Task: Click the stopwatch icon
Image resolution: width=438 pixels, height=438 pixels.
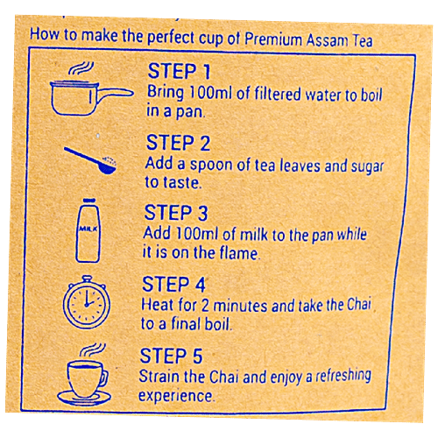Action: tap(85, 301)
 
